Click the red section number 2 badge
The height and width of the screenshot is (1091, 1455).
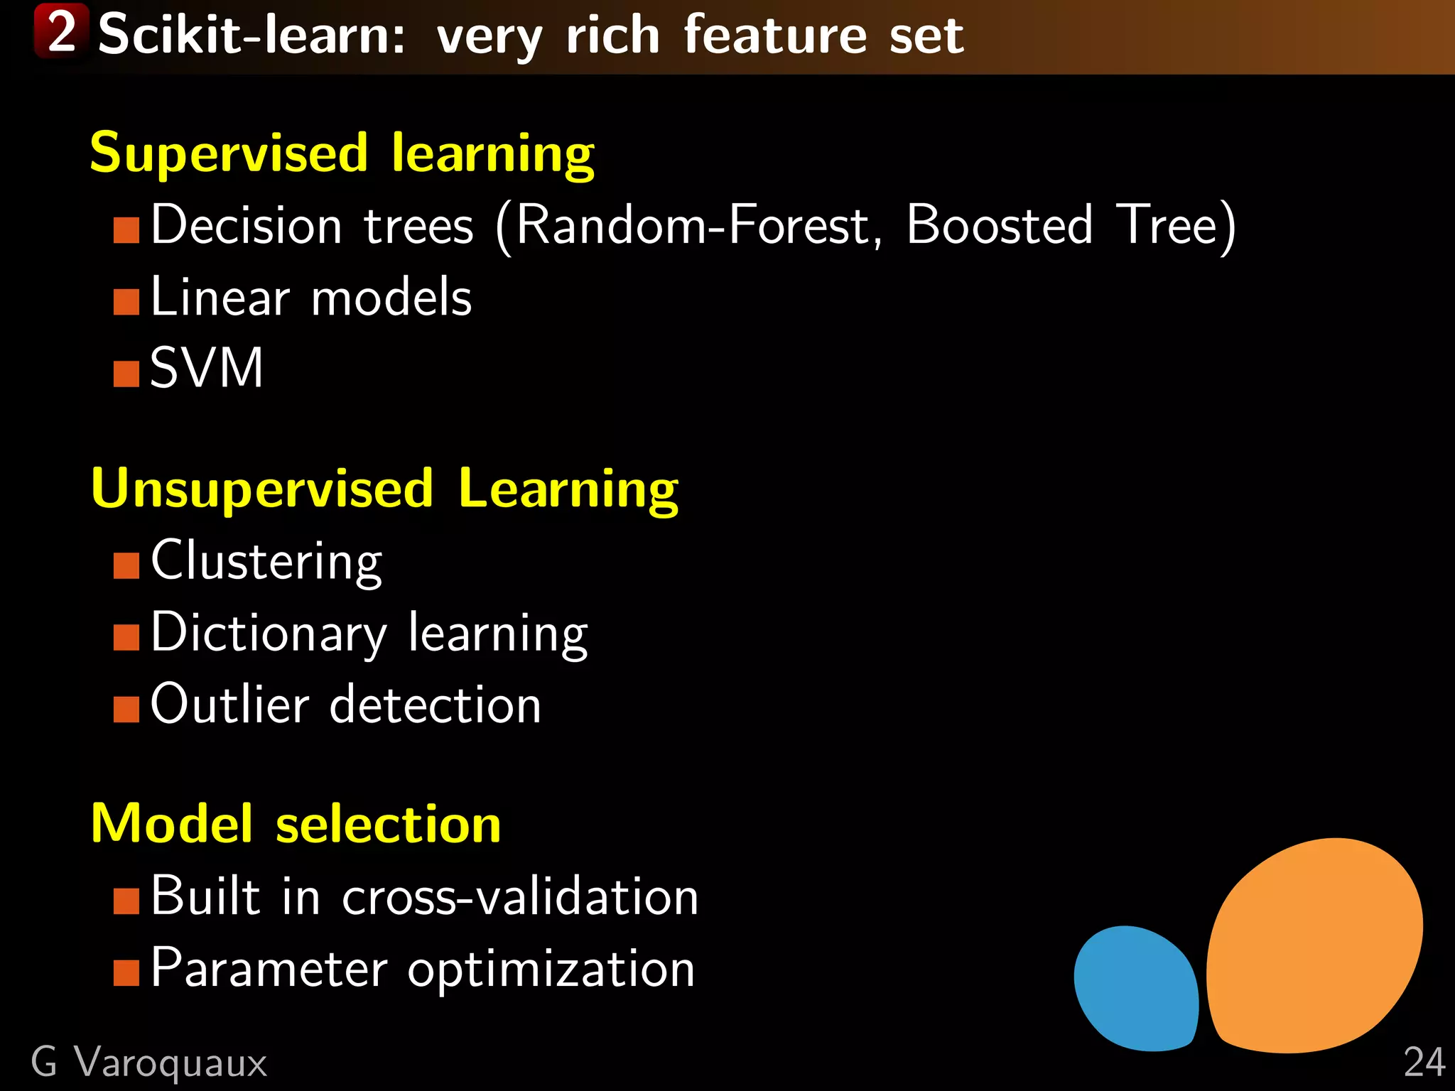click(x=62, y=31)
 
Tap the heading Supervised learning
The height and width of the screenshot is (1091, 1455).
click(x=342, y=153)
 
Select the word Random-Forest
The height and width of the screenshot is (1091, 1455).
click(x=693, y=225)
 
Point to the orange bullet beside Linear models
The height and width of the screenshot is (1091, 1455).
click(x=126, y=302)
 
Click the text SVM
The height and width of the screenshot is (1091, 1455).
click(x=207, y=369)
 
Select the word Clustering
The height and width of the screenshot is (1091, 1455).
click(x=266, y=561)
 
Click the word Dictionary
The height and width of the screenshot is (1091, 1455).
click(x=269, y=633)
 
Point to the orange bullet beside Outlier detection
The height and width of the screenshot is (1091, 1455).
click(x=126, y=709)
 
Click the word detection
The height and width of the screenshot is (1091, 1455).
click(x=436, y=705)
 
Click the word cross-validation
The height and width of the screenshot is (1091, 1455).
click(x=520, y=896)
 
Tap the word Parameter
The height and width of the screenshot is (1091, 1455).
click(x=269, y=968)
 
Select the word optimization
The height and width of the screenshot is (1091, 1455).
click(x=551, y=970)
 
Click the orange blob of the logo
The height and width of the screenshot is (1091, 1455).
click(x=1314, y=945)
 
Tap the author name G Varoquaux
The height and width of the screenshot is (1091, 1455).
click(x=149, y=1063)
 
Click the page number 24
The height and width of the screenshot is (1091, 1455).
click(x=1424, y=1063)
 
